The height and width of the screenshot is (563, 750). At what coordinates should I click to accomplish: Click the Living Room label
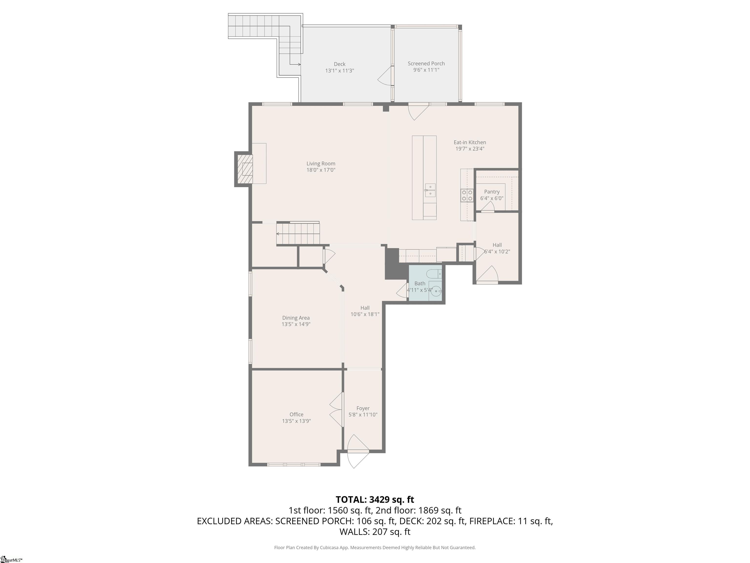pos(321,163)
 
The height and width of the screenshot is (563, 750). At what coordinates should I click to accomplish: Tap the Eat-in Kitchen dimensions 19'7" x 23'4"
pos(469,149)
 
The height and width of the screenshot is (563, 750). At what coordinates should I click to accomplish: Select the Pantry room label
pos(492,192)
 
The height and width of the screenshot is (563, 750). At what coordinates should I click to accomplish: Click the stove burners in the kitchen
pos(467,195)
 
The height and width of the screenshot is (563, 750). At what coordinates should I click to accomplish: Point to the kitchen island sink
pos(430,190)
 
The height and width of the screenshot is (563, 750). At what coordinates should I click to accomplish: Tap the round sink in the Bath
pos(437,291)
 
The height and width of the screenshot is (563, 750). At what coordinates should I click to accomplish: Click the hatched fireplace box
pos(245,169)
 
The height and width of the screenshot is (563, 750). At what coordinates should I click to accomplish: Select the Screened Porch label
pos(426,64)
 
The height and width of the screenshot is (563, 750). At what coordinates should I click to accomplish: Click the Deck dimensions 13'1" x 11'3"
pos(339,71)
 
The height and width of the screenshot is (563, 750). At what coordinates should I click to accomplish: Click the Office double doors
pos(337,410)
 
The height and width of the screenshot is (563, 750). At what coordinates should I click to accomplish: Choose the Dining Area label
pos(296,318)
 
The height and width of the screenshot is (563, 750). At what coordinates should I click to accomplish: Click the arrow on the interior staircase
pos(278,234)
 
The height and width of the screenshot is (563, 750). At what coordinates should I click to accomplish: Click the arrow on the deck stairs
pos(299,65)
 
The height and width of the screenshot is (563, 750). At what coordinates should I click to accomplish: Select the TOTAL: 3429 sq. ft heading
pos(375,499)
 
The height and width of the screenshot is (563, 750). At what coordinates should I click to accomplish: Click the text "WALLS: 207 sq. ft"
pos(375,532)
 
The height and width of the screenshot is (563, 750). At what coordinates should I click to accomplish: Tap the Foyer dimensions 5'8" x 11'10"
pos(363,415)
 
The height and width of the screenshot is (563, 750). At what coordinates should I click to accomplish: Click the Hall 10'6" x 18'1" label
pos(365,311)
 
